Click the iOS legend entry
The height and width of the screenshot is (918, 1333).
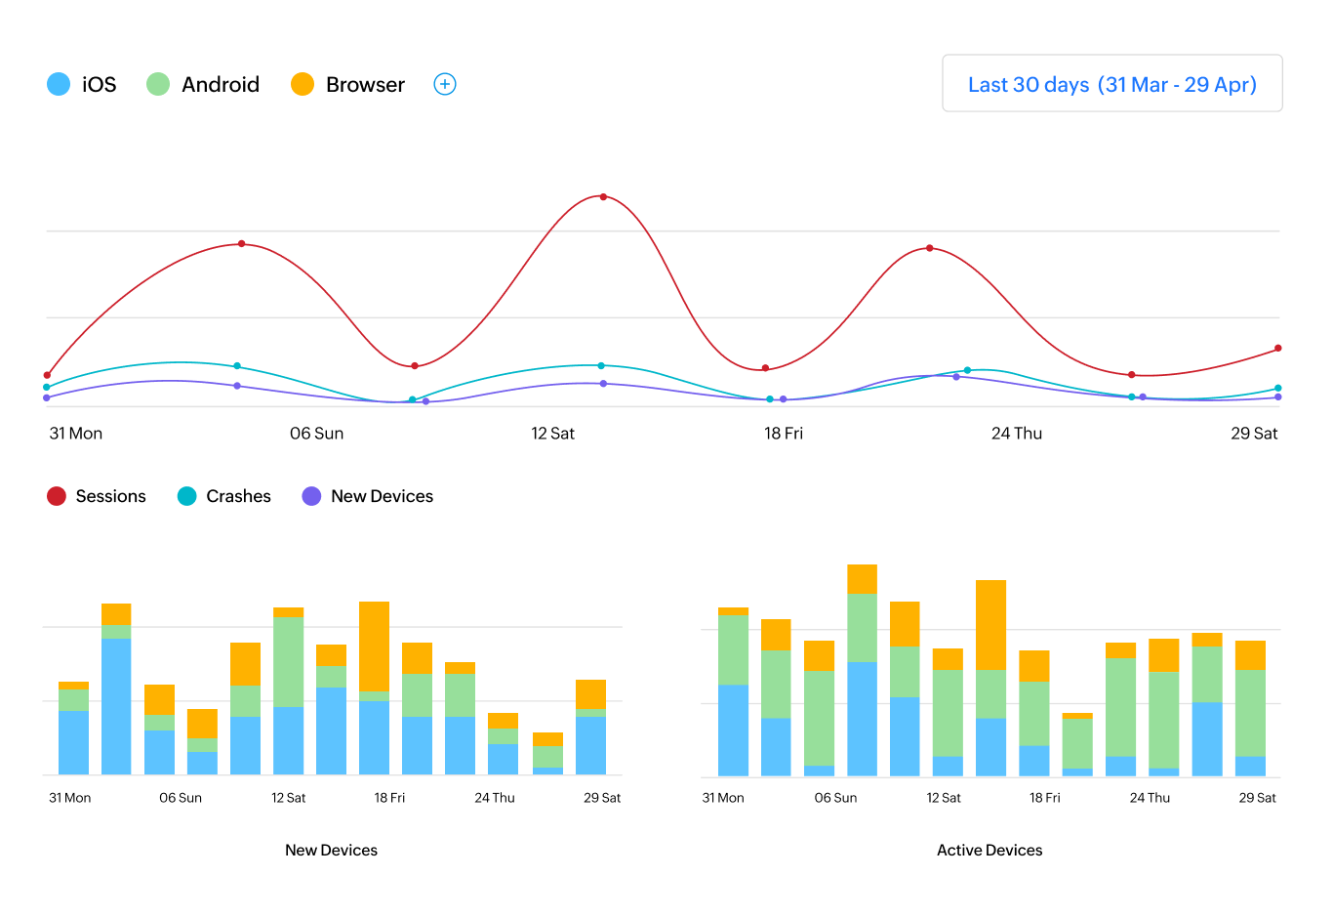click(82, 84)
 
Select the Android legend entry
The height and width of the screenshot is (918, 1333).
click(203, 84)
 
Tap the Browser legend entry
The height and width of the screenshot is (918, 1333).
click(347, 84)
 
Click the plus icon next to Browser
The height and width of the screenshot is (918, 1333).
click(445, 84)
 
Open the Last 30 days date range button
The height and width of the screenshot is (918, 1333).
click(1111, 84)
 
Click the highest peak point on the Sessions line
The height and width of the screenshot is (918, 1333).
click(603, 197)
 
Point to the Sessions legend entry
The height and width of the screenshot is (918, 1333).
click(97, 496)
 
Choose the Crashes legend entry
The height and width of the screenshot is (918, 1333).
click(224, 496)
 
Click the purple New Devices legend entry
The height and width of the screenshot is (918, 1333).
click(368, 496)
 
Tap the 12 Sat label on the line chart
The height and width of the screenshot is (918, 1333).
click(552, 434)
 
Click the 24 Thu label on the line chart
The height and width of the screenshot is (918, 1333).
click(1016, 434)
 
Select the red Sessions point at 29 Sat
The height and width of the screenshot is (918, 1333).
click(1278, 349)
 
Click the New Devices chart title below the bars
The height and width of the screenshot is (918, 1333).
click(331, 850)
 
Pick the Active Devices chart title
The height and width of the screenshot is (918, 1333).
click(990, 850)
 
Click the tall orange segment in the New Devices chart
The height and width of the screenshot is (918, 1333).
click(374, 646)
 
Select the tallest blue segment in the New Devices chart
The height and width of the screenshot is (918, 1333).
click(116, 705)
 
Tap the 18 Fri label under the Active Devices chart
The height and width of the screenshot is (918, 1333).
click(1044, 798)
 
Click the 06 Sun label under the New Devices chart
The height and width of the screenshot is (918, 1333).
click(181, 798)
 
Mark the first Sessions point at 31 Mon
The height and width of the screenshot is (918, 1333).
click(47, 375)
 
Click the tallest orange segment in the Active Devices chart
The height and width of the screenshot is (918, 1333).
click(990, 625)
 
